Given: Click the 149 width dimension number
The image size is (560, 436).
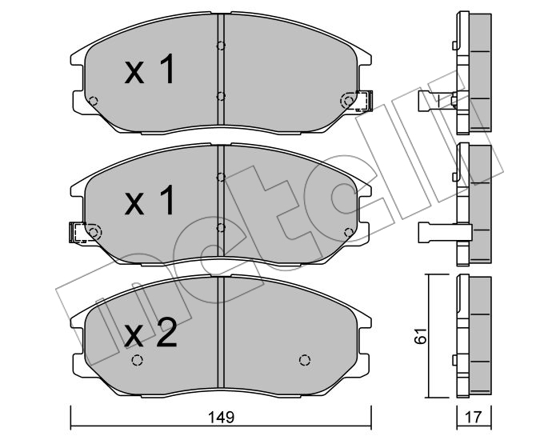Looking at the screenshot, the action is [222, 416].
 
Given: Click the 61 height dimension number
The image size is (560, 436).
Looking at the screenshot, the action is [421, 335].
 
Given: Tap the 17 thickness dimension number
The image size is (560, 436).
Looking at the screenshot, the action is [474, 416].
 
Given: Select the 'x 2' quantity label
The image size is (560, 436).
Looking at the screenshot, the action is [150, 334].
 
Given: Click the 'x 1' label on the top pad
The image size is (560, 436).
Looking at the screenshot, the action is [150, 70].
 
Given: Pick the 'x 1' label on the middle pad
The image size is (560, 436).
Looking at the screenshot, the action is [150, 201].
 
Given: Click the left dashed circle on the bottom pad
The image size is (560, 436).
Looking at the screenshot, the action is [137, 360].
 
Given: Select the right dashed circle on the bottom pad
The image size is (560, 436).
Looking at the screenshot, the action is [304, 360].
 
